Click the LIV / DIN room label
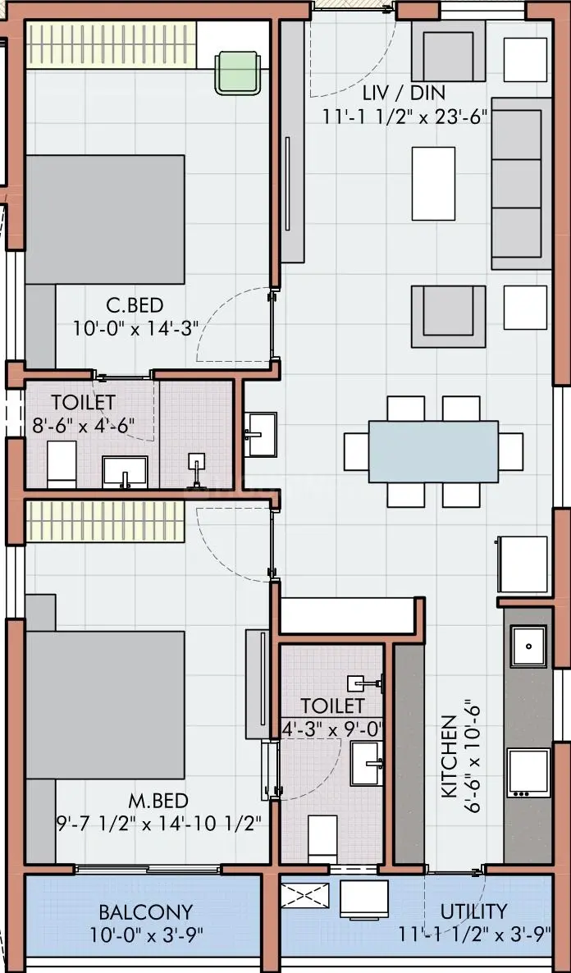404,93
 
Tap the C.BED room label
135,305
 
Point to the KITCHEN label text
450,756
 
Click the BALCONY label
146,912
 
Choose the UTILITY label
473,911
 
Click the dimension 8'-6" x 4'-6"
84,425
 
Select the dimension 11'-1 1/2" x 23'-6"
404,116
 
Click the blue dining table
433,452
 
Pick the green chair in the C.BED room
238,73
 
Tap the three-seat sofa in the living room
521,184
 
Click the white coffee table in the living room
433,184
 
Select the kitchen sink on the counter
528,646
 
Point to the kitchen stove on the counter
528,773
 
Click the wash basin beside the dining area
260,434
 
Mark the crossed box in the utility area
304,895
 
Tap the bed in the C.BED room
105,220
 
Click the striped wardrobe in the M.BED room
105,521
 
